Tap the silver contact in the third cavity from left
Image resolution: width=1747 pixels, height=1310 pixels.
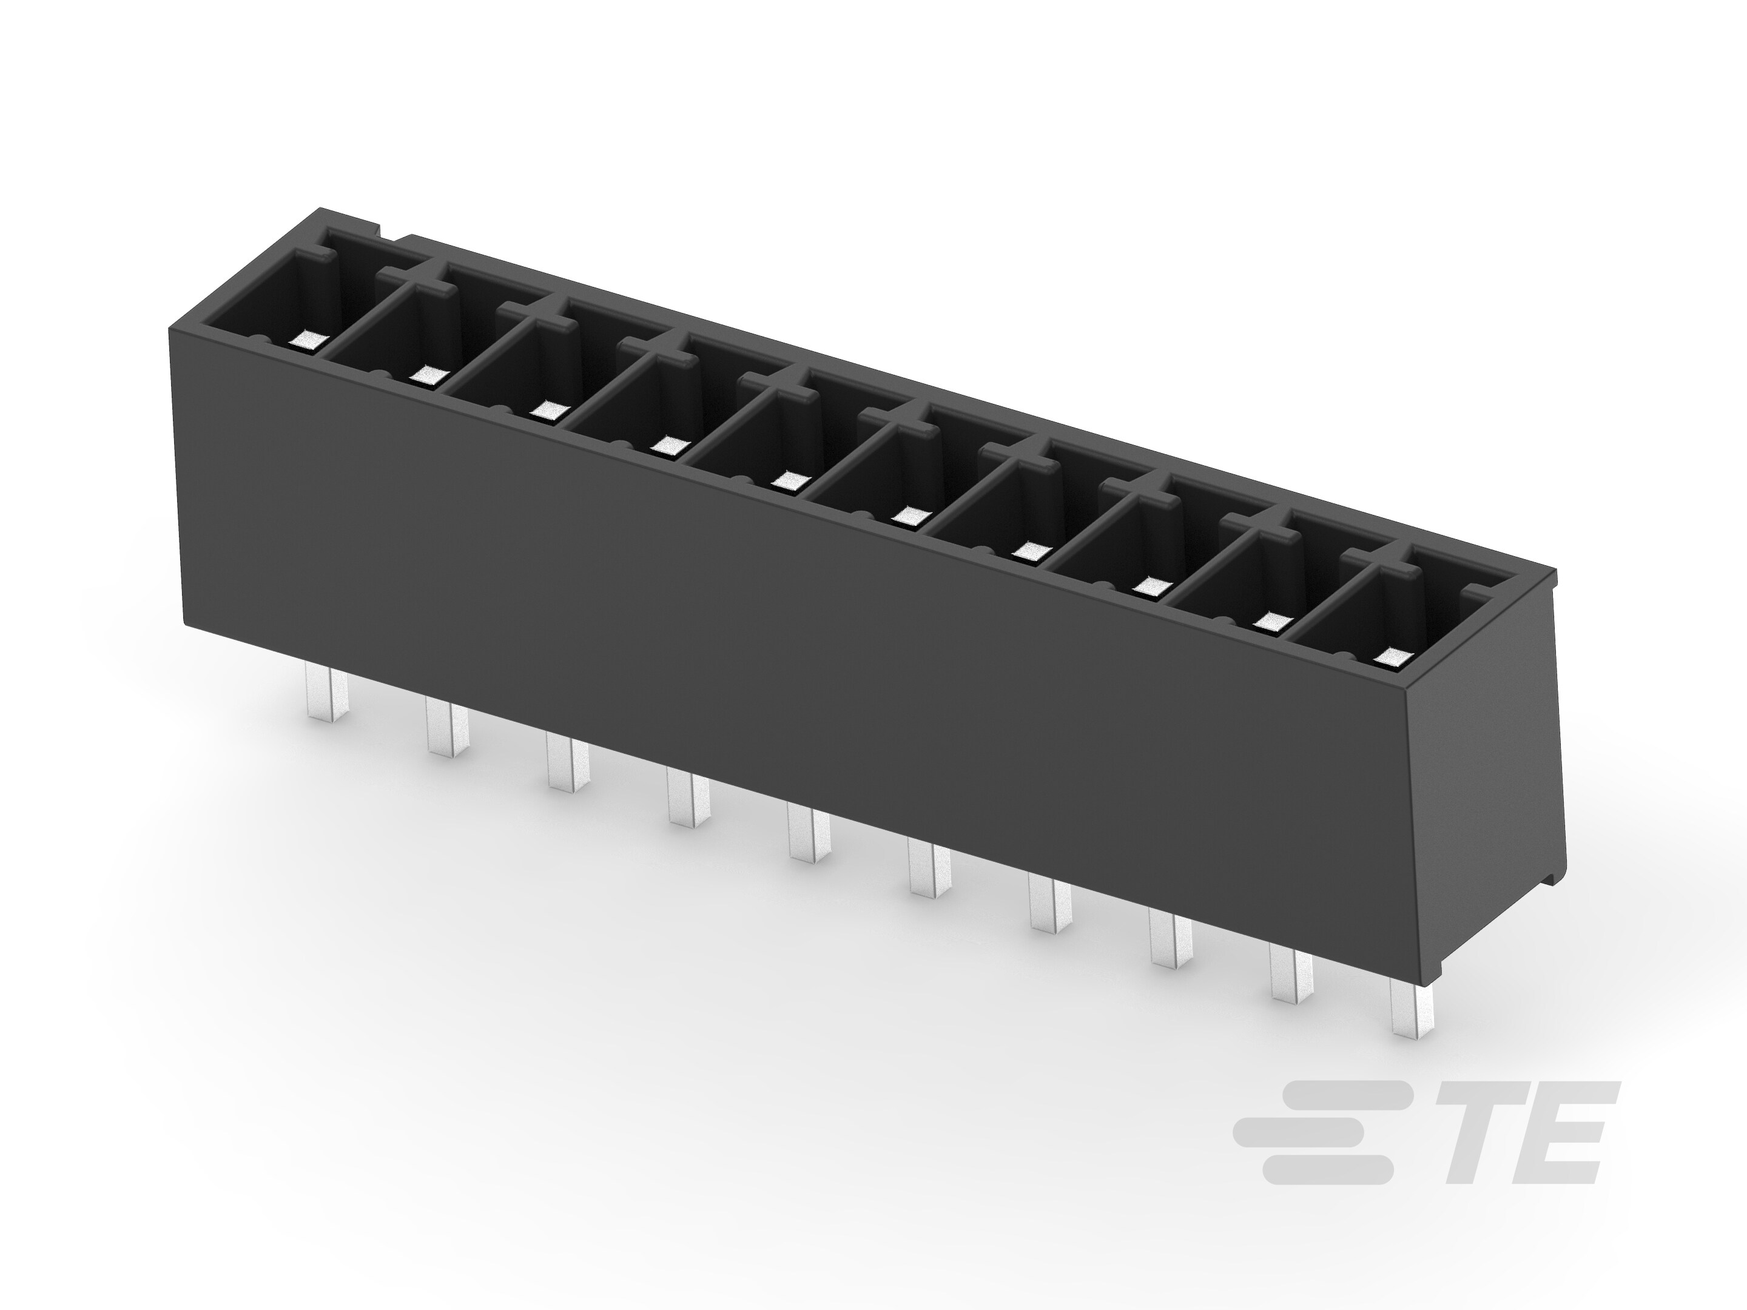pos(548,410)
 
